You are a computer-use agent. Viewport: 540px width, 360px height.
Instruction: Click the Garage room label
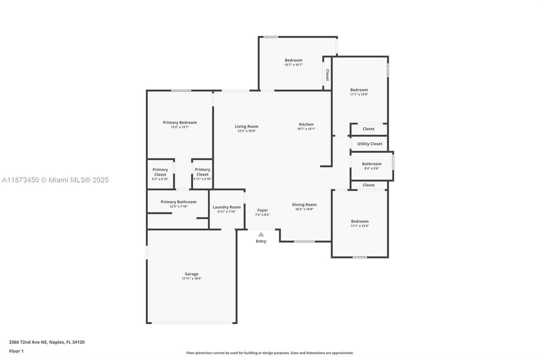click(x=191, y=274)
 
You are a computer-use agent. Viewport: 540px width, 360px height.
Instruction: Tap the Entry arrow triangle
click(x=261, y=234)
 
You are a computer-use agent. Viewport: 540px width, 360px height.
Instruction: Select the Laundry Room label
click(x=226, y=207)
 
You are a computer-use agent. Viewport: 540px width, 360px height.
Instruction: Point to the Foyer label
click(x=262, y=210)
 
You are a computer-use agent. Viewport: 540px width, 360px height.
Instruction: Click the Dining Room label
click(x=304, y=204)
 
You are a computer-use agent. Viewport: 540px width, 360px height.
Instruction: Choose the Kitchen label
click(x=306, y=124)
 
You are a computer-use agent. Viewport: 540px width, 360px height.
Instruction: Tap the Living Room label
click(x=246, y=126)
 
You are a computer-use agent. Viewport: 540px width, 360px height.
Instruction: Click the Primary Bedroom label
click(x=180, y=122)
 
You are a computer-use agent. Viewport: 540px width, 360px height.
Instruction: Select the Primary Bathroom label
click(x=178, y=202)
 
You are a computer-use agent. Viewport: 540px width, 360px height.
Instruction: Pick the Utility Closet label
click(x=370, y=144)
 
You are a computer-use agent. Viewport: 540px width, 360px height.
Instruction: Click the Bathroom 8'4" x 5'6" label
click(x=372, y=164)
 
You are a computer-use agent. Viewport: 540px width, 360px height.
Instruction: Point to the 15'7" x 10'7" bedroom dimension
click(x=294, y=65)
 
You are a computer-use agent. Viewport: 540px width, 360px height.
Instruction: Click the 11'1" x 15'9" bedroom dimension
click(x=359, y=94)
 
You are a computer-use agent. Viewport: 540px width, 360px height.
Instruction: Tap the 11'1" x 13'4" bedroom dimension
click(x=360, y=226)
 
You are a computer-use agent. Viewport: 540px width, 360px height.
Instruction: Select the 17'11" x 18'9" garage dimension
click(x=191, y=278)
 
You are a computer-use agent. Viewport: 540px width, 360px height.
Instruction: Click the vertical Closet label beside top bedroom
click(x=327, y=75)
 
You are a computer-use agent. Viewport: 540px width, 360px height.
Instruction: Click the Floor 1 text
click(x=16, y=351)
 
